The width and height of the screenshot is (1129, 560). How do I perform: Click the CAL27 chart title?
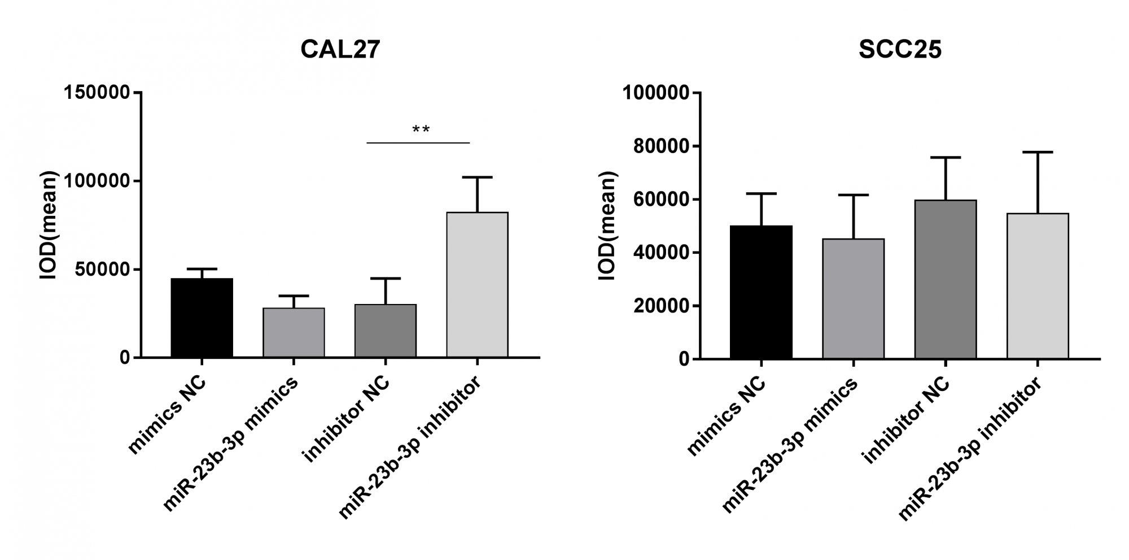pyautogui.click(x=340, y=50)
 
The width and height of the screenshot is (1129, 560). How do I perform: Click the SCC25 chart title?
pyautogui.click(x=900, y=50)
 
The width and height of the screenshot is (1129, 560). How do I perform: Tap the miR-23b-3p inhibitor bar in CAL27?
pyautogui.click(x=478, y=285)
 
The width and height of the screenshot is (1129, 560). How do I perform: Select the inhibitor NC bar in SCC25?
pyautogui.click(x=946, y=279)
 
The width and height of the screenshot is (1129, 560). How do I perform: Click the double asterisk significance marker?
pyautogui.click(x=421, y=131)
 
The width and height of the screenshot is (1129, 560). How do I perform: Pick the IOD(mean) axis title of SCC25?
pyautogui.click(x=609, y=225)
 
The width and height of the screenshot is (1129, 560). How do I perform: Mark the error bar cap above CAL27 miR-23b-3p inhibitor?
pyautogui.click(x=478, y=177)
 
